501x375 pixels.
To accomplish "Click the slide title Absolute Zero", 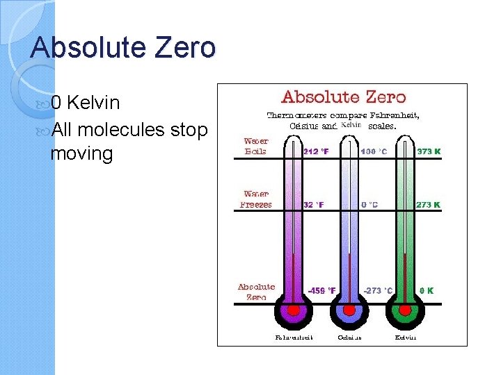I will click(123, 48).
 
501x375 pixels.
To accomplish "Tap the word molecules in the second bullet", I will click(122, 130).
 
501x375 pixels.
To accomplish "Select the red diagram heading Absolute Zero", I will click(343, 97).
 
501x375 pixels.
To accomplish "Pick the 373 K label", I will click(429, 151).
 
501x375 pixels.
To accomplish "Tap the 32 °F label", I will click(314, 205).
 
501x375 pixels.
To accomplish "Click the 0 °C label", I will click(369, 205).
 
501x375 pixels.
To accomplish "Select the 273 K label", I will click(429, 205).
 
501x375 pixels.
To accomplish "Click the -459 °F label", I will click(321, 291).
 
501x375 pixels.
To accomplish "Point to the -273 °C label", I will click(378, 291).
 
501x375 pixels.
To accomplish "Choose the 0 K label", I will click(426, 291).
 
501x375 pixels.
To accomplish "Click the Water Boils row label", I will click(256, 146).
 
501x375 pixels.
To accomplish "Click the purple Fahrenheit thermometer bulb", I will click(294, 309).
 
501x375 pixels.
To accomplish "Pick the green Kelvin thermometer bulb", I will click(406, 309).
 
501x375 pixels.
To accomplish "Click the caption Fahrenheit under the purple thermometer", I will click(294, 338).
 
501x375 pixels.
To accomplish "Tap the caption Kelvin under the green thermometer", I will click(406, 338).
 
